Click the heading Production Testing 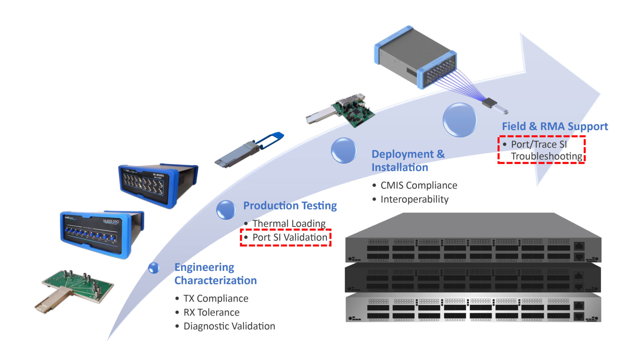[290, 206]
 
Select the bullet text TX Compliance [215, 299]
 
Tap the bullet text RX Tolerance [211, 312]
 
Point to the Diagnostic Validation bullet [229, 326]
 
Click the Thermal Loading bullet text [289, 224]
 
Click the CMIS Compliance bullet [418, 186]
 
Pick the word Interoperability [414, 199]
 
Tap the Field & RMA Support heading [555, 127]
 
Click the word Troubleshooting [546, 156]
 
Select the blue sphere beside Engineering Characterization [154, 268]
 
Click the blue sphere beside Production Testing [226, 209]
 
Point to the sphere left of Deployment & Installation [343, 150]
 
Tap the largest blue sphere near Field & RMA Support [459, 120]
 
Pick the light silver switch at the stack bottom [473, 308]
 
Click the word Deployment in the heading [402, 154]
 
